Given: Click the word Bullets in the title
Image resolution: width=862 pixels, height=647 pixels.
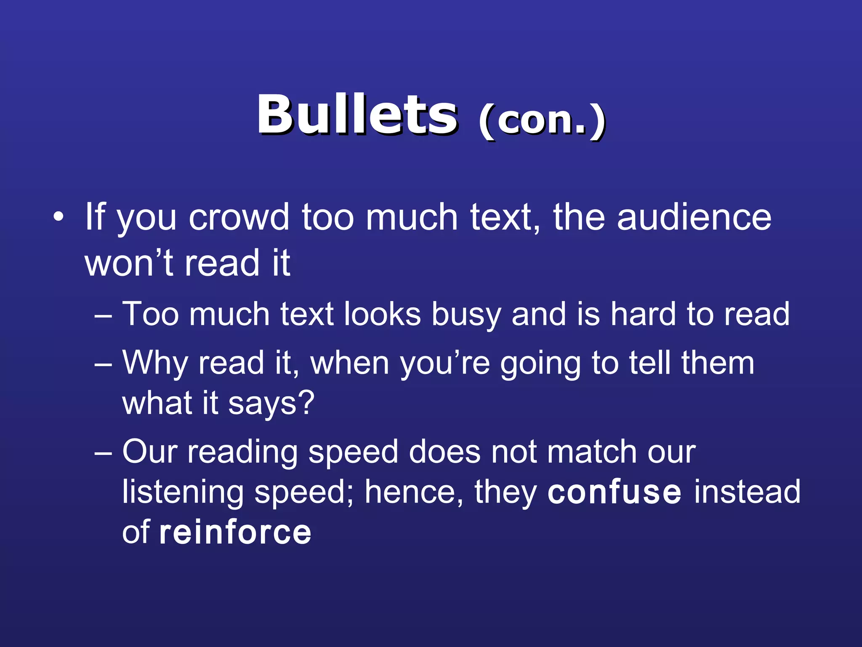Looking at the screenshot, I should point(357,115).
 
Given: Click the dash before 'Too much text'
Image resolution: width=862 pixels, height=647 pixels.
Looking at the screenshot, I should point(103,315).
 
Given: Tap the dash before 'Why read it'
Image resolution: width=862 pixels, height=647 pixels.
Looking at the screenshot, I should point(103,363).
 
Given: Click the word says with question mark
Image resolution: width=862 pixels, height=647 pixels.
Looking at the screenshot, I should point(271,404).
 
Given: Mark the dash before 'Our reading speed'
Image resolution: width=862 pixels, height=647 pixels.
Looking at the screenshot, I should point(103,453).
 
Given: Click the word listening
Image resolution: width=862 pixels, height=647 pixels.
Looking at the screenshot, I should point(183,493).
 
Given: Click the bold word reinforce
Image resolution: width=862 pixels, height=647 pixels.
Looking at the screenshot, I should point(235,532).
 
